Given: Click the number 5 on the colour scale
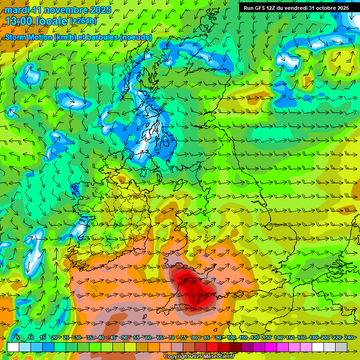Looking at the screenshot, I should coord(18,337).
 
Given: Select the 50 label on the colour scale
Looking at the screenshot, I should coord(125,337).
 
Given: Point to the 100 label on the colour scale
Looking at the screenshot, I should coord(232,337).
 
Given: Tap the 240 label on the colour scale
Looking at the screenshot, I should coord(349,337).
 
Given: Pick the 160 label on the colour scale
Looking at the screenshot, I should coord(302,337).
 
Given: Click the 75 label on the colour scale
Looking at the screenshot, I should coord(183,337).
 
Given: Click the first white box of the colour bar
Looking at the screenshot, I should coord(13,347).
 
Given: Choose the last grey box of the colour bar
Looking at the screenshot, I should coord(341,347).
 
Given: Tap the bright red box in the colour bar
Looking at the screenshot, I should coord(212,347).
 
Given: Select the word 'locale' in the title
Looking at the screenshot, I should coord(51,21).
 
